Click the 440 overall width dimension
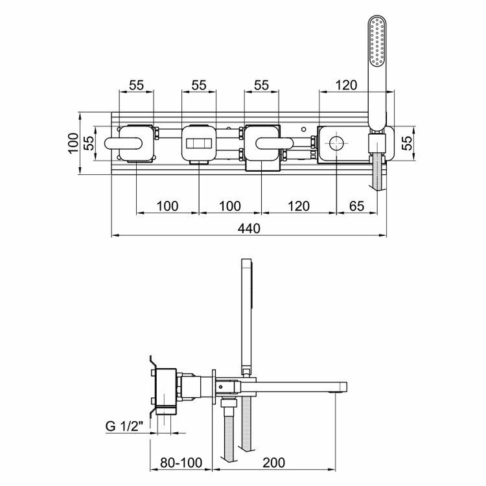[x=249, y=228]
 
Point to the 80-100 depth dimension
[x=181, y=462]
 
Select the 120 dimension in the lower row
[x=297, y=206]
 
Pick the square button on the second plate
[x=198, y=144]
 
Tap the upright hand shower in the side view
[x=246, y=311]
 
